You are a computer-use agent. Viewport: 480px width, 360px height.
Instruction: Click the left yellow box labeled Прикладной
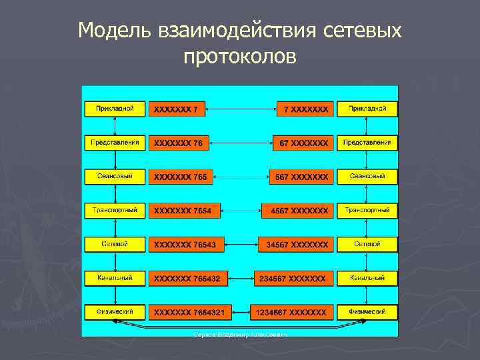[115, 108]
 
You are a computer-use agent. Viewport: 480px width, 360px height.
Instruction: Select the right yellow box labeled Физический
[367, 312]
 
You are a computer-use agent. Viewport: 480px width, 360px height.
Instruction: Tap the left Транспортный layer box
[115, 210]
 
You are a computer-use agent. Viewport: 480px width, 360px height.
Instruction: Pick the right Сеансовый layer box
[367, 177]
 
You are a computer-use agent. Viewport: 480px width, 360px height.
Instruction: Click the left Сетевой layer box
[115, 244]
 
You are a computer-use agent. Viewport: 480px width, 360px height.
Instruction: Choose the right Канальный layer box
[367, 277]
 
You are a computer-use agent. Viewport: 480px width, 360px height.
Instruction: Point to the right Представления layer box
[367, 142]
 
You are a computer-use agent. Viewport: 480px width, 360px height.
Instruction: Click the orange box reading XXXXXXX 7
[177, 109]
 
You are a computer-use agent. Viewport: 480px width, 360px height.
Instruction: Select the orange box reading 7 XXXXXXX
[305, 109]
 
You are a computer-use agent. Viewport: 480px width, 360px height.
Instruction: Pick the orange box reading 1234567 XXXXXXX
[291, 312]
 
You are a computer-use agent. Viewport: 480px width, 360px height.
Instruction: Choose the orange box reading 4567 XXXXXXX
[297, 211]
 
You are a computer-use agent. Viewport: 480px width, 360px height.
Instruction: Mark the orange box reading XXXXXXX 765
[181, 177]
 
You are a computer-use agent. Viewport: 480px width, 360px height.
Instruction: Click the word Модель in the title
[115, 31]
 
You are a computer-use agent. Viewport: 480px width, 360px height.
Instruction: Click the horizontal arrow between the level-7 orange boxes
[241, 109]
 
